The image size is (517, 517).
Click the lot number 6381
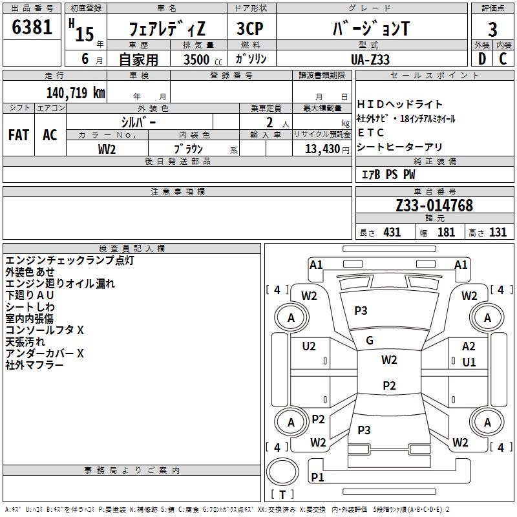tap(32, 29)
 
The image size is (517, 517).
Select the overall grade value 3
tap(492, 30)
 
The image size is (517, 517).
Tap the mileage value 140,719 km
tap(76, 92)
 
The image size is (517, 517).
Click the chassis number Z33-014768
tap(434, 206)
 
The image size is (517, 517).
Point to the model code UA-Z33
tap(370, 59)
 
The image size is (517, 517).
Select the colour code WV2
tap(107, 148)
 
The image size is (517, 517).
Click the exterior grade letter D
tap(482, 59)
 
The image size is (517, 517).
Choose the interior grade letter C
tap(503, 59)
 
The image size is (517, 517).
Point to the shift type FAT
tap(18, 135)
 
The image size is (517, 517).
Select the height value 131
tap(498, 232)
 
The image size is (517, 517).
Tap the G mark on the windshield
tap(370, 340)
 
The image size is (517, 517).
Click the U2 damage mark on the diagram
tap(309, 346)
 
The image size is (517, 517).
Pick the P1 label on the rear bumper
tap(317, 477)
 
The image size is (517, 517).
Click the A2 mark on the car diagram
tap(469, 346)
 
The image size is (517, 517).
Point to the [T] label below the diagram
tap(282, 495)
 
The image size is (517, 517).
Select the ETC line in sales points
tap(371, 132)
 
